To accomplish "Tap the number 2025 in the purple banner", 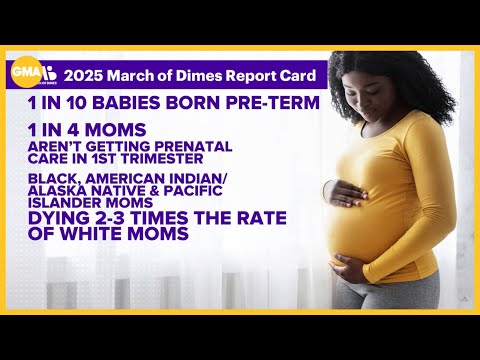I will click(x=87, y=76).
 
